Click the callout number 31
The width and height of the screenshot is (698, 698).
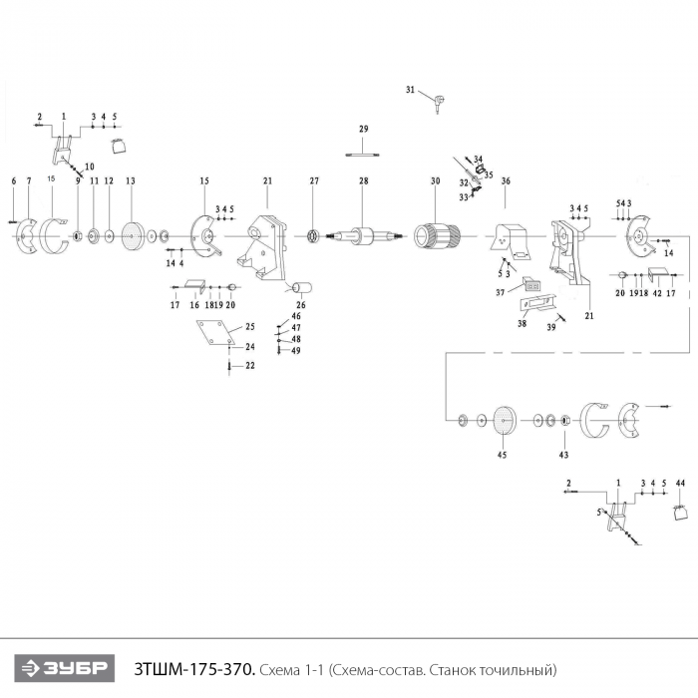[x=409, y=90]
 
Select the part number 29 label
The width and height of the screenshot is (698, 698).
[x=364, y=130]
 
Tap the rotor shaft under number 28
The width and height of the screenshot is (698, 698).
[x=364, y=236]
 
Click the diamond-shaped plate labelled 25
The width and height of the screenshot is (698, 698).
[x=215, y=335]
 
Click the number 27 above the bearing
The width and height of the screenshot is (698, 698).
[x=313, y=180]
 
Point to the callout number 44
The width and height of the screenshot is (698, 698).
[x=680, y=483]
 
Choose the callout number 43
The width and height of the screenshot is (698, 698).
[x=563, y=455]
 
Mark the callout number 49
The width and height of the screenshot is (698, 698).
[x=296, y=350]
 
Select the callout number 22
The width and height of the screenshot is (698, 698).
[x=251, y=366]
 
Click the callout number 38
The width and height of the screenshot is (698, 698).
[x=523, y=324]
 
